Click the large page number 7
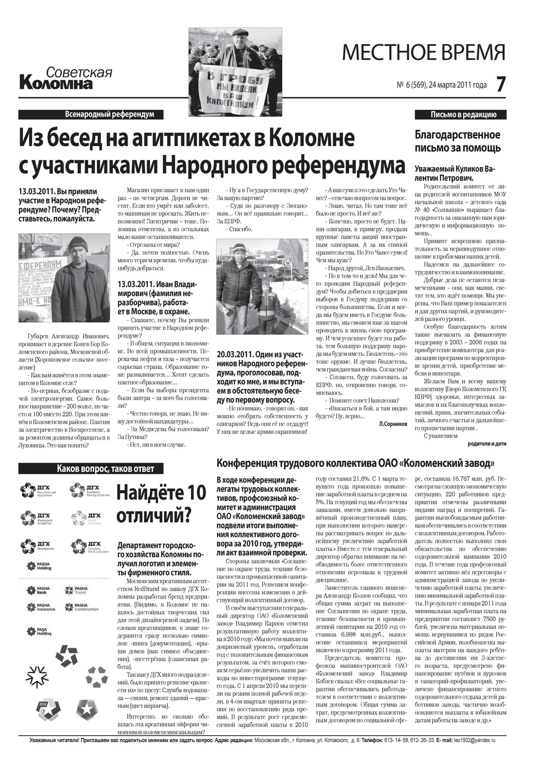click(x=501, y=84)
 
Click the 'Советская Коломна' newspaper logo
click(x=66, y=78)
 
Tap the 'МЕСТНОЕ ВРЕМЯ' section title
click(x=424, y=53)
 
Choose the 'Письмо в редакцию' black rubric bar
click(x=460, y=114)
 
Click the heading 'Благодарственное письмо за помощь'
click(x=457, y=141)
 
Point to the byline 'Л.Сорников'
click(x=393, y=424)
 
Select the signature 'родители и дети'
click(x=486, y=444)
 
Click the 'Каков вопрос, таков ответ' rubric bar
click(x=91, y=469)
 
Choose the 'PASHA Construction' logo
click(x=82, y=607)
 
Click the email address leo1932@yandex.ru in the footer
click(x=474, y=740)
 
